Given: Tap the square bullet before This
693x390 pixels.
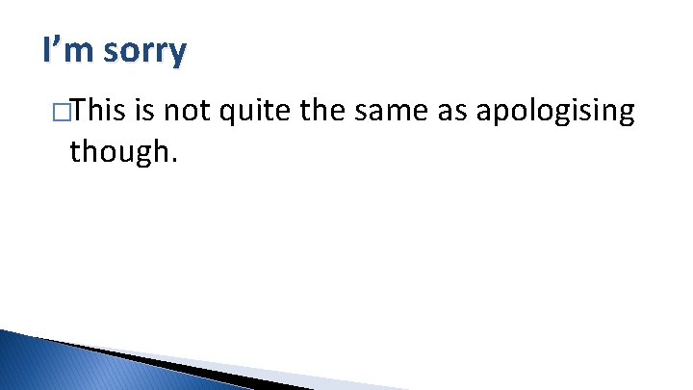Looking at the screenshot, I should click(61, 112).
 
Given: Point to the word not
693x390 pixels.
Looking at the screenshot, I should click(188, 112).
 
